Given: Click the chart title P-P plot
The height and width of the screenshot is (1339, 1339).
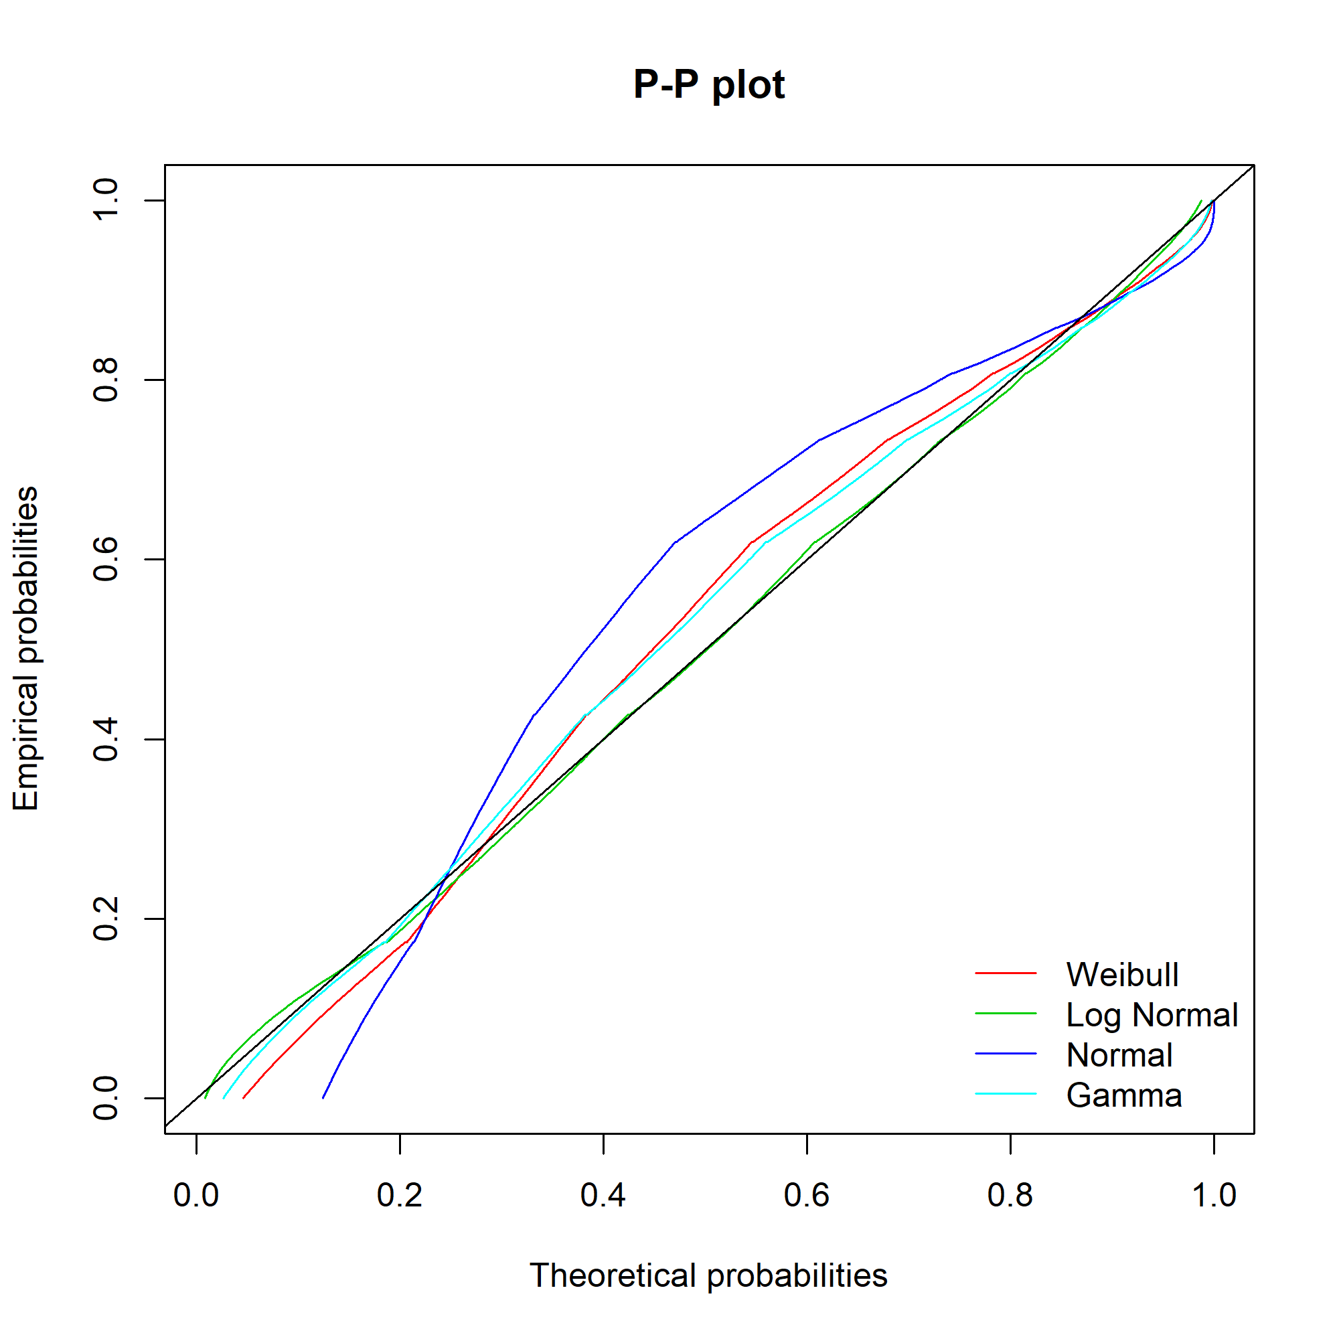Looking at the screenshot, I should (x=708, y=85).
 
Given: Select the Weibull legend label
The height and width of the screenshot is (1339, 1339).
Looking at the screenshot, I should (x=1122, y=975).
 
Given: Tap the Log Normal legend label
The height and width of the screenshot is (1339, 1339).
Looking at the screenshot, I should (x=1151, y=1016).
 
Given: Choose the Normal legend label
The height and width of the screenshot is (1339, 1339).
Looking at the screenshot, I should (x=1119, y=1056).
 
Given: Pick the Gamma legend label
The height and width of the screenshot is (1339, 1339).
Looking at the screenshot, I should (x=1123, y=1096).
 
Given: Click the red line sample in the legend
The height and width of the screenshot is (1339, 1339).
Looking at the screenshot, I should (x=1006, y=973).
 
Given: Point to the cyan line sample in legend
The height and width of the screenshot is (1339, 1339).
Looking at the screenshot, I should (x=1006, y=1095).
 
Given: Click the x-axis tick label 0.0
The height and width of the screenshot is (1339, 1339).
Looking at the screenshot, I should (x=196, y=1196).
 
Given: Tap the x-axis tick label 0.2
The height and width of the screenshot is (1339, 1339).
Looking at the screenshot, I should (x=400, y=1196).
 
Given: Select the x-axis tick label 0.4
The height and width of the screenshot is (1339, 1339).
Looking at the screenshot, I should (x=603, y=1196).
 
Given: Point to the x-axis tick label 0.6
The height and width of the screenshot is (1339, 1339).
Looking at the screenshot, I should (x=807, y=1196).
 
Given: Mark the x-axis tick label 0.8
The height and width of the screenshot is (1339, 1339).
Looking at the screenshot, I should (x=1010, y=1196).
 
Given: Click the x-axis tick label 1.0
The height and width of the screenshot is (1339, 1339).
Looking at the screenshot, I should (x=1214, y=1196).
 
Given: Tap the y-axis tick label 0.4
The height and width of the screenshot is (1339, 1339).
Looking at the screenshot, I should (x=106, y=740).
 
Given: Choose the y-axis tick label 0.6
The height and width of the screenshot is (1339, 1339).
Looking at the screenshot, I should (x=106, y=559).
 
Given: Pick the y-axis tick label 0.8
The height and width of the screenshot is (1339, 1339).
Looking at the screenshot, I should (x=106, y=380).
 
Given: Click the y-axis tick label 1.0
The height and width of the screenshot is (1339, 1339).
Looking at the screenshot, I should (x=106, y=200).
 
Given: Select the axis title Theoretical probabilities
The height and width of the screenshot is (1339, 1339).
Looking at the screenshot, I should (x=708, y=1276).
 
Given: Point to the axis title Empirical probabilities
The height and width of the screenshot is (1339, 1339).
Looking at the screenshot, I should (x=26, y=649).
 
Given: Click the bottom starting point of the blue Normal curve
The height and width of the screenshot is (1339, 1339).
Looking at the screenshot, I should (x=323, y=1098).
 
